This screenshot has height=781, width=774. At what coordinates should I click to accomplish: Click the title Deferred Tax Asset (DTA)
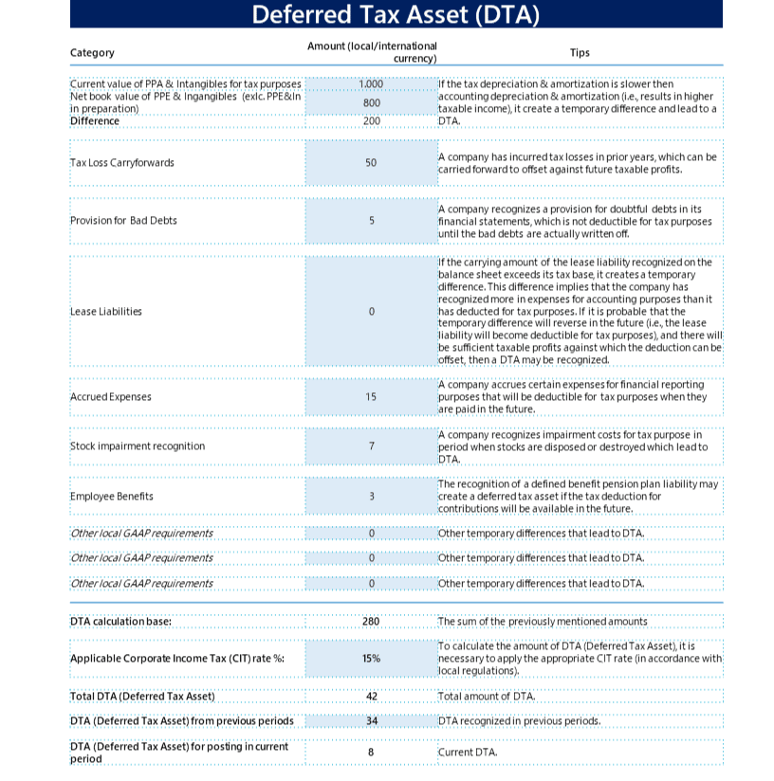[x=396, y=15]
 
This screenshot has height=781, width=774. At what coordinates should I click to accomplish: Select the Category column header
[x=92, y=53]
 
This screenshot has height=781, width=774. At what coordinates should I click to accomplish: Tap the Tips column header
[x=579, y=53]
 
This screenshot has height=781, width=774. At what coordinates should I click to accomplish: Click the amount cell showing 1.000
[x=371, y=84]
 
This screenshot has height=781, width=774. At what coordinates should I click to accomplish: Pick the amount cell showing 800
[x=371, y=102]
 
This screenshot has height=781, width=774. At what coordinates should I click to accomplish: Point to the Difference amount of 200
[x=371, y=120]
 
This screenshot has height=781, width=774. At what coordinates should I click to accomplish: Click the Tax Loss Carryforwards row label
[x=122, y=162]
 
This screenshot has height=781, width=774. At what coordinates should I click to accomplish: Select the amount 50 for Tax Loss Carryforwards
[x=371, y=162]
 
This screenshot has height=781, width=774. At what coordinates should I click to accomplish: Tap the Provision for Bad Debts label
[x=123, y=221]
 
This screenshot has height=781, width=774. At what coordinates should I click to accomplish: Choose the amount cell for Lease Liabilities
[x=371, y=311]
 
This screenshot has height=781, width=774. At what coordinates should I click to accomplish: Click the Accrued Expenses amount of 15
[x=371, y=396]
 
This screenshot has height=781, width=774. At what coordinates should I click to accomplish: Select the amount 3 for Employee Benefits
[x=371, y=496]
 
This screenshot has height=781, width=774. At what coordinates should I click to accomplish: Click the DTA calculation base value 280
[x=371, y=622]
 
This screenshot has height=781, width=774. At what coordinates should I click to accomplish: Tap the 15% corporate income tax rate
[x=371, y=658]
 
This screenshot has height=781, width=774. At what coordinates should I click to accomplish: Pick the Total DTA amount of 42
[x=371, y=696]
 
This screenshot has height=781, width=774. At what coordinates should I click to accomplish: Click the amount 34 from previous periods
[x=371, y=720]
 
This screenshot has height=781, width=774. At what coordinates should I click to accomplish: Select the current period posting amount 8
[x=371, y=753]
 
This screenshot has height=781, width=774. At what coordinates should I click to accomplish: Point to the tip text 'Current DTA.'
[x=467, y=753]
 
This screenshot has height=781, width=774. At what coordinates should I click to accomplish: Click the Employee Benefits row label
[x=112, y=496]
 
